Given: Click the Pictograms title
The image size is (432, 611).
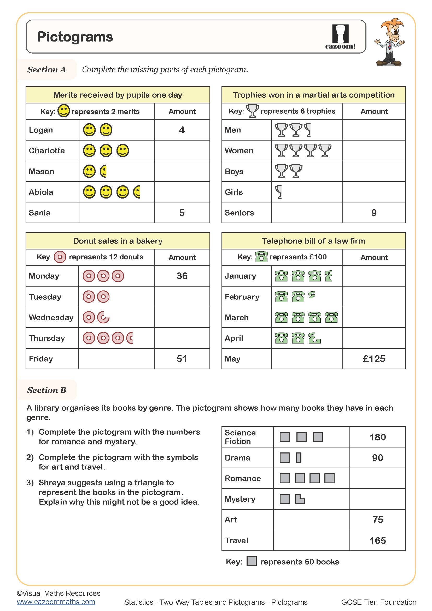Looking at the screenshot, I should pos(75,37).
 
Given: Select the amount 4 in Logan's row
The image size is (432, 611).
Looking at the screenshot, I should pos(182,130).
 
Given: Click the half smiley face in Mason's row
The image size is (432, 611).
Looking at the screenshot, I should pos(103,171).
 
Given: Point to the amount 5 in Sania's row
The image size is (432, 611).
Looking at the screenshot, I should pos(182,213).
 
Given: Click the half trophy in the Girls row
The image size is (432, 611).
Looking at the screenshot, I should pos(278,192).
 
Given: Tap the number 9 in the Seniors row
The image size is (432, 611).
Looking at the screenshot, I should pos(374,213).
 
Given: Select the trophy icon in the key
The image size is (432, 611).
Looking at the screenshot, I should pos(252,111).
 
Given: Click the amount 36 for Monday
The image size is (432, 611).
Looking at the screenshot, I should pos(182,276).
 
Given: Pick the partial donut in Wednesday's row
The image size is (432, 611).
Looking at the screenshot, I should pos(103,317).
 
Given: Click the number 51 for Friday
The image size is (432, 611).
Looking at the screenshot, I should pos(182,359).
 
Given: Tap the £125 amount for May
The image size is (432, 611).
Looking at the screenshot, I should pos(374,359).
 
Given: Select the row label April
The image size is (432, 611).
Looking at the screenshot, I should pos(234,338).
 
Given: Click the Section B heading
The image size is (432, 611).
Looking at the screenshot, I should pos(46,390).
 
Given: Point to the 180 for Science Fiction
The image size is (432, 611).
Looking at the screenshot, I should pos(377,437).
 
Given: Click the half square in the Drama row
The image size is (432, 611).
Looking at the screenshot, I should pos(299,458).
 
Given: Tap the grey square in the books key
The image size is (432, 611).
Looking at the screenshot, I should pos(251,561).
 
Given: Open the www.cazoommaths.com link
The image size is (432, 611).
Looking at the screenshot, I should pos(56,602).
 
